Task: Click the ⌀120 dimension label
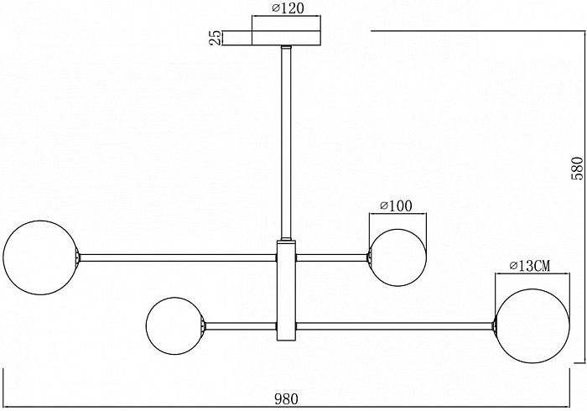288,8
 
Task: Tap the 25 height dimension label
215,38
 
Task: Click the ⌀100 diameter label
396,205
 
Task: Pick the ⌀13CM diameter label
530,266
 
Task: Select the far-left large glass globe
40,258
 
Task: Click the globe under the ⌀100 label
397,258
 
